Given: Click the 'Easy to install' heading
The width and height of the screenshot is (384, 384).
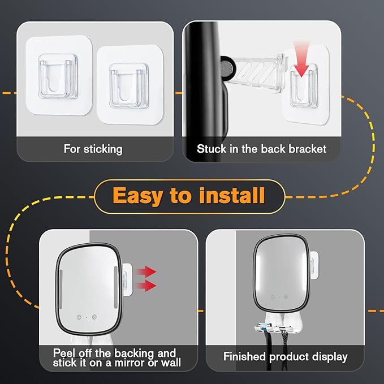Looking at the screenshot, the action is [188, 196].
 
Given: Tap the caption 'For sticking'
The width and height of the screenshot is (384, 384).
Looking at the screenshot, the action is [93, 149].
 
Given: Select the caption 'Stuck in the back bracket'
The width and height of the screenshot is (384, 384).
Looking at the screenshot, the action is [261, 149].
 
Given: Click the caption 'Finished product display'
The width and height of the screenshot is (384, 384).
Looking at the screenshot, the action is [285, 356].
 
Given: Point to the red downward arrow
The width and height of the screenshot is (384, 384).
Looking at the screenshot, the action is [301, 60].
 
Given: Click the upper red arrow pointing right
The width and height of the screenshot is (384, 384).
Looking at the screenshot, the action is [146, 271].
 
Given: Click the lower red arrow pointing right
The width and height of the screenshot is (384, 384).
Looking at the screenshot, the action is [146, 286].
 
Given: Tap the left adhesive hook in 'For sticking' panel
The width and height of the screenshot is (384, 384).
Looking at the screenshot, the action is [59, 75].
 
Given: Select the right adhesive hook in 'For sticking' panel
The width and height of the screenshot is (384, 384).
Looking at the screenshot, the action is [130, 84].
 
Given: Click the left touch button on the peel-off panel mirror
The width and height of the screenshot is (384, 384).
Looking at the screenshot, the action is [79, 317].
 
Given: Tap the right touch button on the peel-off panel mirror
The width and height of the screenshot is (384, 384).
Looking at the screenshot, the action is [94, 317].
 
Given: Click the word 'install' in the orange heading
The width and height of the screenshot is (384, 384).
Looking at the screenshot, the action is [232, 196].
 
